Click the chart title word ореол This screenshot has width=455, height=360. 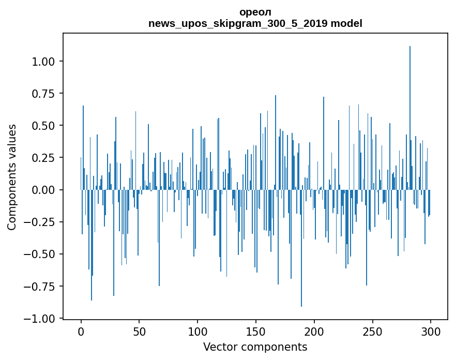pyautogui.click(x=255, y=12)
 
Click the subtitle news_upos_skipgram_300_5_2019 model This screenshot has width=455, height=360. pyautogui.click(x=255, y=23)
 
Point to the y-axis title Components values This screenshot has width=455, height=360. pyautogui.click(x=12, y=177)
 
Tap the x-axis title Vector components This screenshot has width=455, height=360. pyautogui.click(x=255, y=347)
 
